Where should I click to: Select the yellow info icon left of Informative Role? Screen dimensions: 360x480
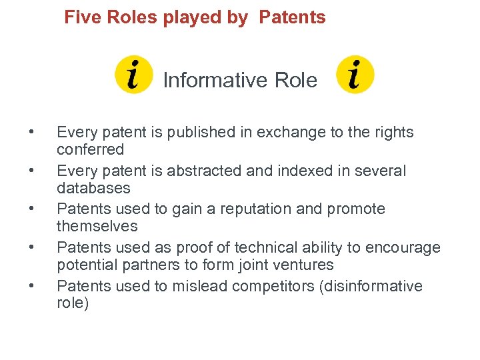pyautogui.click(x=134, y=75)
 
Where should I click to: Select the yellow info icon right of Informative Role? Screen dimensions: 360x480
pyautogui.click(x=355, y=75)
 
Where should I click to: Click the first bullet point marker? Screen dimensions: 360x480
pyautogui.click(x=31, y=133)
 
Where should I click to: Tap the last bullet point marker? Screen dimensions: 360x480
pyautogui.click(x=31, y=287)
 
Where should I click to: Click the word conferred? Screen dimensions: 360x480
pyautogui.click(x=90, y=149)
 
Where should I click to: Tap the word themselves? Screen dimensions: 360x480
pyautogui.click(x=97, y=226)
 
